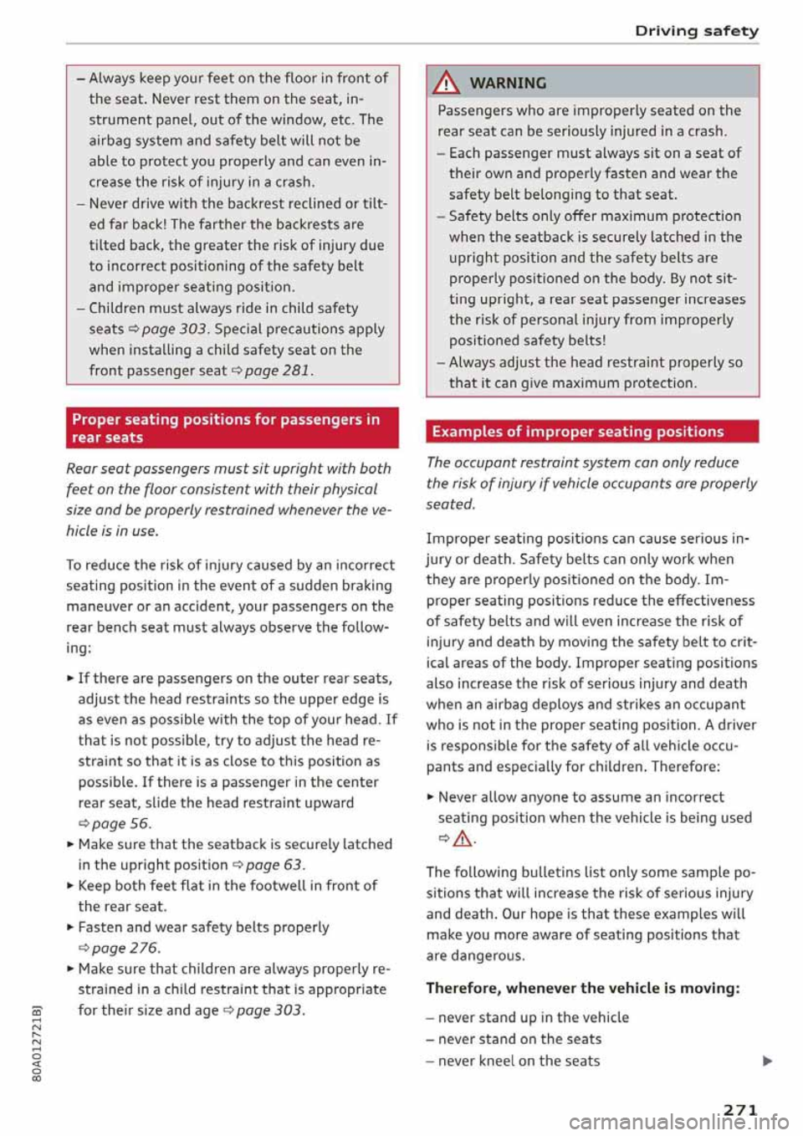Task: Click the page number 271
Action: coord(740,1110)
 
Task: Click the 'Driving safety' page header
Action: coord(696,31)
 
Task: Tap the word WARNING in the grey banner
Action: coord(508,83)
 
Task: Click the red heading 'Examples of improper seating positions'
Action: coord(577,432)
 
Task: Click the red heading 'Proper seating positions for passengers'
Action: coord(226,427)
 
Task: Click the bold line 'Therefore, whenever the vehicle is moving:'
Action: coord(583,988)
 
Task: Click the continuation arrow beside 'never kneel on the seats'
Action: coord(768,1062)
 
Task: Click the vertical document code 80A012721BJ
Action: coord(36,1046)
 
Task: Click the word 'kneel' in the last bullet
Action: coord(507,1061)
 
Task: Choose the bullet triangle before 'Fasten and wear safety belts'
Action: coord(70,927)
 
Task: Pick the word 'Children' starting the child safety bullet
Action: coord(119,308)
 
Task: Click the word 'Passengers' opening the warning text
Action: coord(476,110)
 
